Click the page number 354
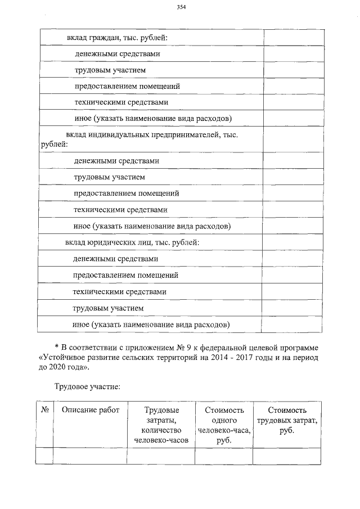181,7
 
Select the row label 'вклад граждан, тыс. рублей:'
117,38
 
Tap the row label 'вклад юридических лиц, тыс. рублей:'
132,242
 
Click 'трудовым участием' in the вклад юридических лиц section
108,308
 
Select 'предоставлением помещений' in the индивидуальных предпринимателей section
127,193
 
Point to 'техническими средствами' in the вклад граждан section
121,102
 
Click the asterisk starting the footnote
56,345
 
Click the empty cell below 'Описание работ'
91,456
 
